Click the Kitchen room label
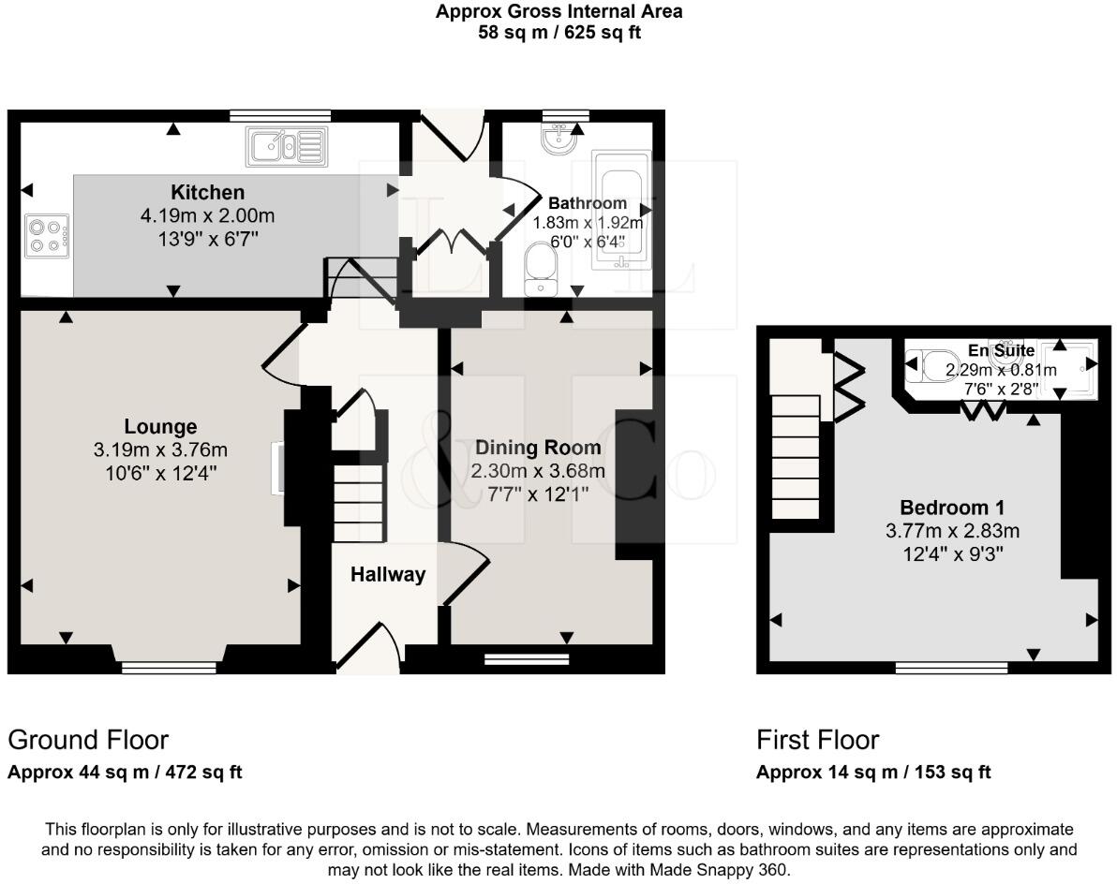pos(207,192)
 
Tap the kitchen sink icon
pos(287,147)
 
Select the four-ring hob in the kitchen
pos(47,236)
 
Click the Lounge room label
pos(160,426)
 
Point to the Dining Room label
pos(538,448)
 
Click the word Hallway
pos(388,574)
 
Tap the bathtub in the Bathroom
pos(621,209)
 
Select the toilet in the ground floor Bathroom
pos(541,269)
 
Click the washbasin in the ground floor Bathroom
pos(559,139)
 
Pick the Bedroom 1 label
pos(952,508)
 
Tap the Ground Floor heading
pos(88,740)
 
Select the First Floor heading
pos(818,740)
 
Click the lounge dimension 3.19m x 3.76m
pos(160,449)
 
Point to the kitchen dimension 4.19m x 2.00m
pos(207,215)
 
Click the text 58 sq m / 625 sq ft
pos(559,33)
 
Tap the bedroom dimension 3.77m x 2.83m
pos(952,531)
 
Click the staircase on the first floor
pos(796,456)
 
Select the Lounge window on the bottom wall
pos(169,667)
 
